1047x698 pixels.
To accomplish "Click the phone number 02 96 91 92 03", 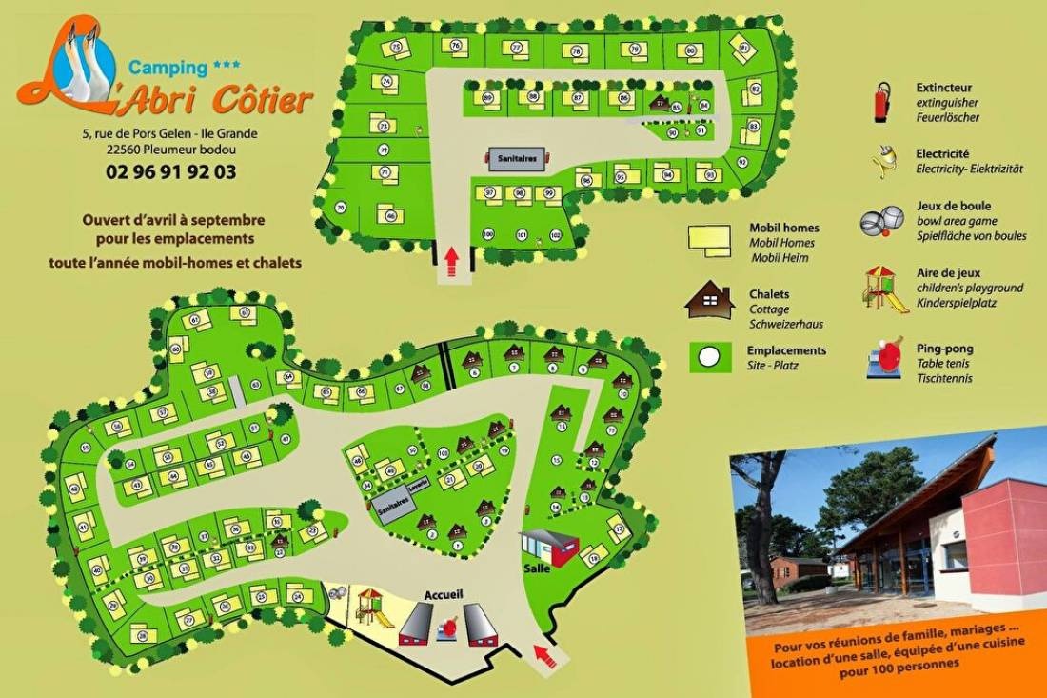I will (x=171, y=172).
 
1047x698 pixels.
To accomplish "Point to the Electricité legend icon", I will (x=884, y=161).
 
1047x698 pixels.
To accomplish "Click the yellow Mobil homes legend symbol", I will (x=708, y=240).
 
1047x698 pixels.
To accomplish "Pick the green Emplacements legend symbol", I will (x=709, y=357).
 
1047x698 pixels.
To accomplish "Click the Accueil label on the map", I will (x=444, y=594).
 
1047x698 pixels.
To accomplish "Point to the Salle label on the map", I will (x=537, y=568).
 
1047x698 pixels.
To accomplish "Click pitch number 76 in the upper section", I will (x=456, y=46).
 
